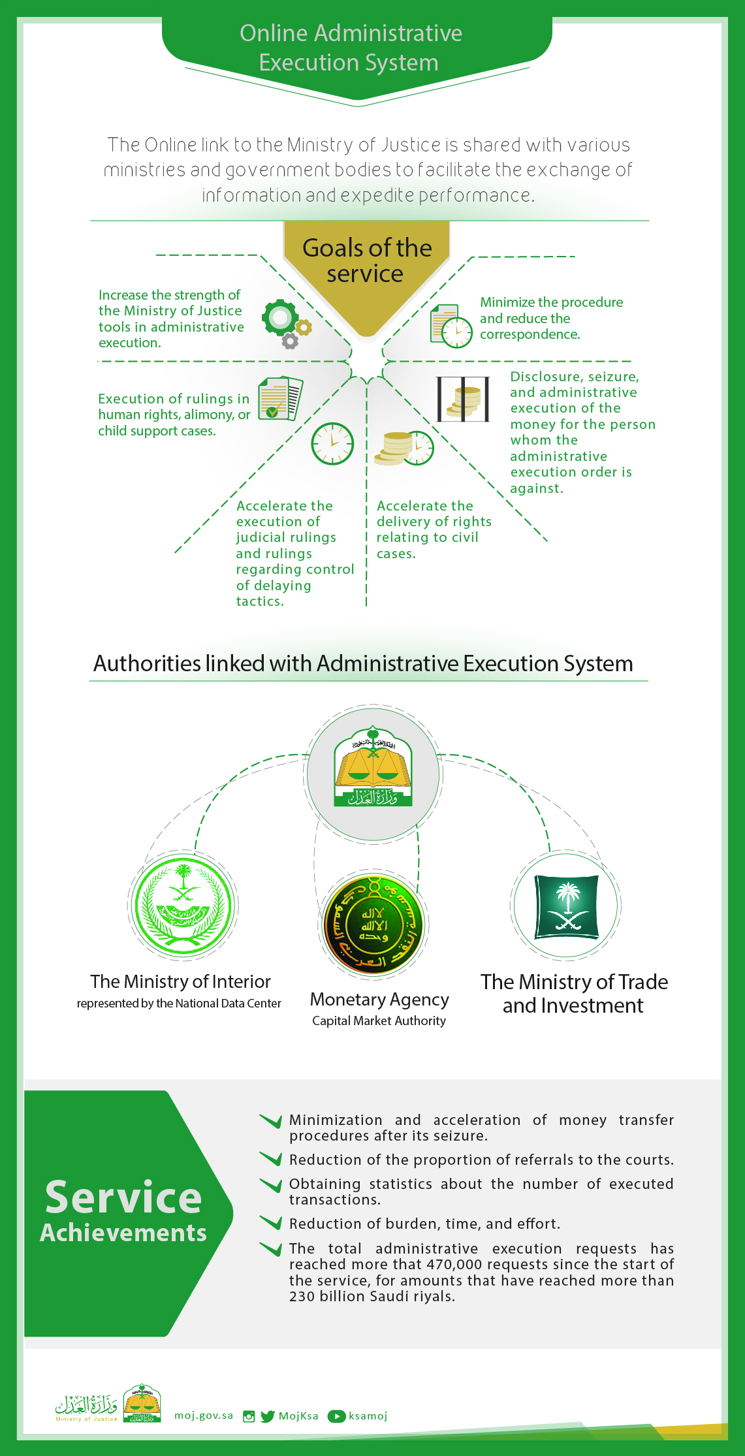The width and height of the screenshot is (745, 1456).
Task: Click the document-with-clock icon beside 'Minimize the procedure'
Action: click(x=451, y=326)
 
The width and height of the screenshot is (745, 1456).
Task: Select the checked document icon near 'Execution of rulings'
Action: click(x=280, y=398)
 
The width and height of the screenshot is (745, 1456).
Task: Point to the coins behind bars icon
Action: click(x=463, y=399)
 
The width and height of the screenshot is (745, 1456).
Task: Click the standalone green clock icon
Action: click(x=332, y=444)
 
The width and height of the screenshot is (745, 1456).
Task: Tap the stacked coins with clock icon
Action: click(x=404, y=448)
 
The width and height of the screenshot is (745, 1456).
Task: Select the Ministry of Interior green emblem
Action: click(x=183, y=905)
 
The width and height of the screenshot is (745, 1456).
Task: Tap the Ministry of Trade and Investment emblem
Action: click(x=566, y=906)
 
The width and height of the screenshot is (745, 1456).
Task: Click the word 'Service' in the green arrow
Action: click(x=123, y=1197)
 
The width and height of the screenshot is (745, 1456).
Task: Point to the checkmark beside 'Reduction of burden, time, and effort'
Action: click(x=270, y=1222)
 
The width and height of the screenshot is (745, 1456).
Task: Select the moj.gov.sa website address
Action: click(x=204, y=1416)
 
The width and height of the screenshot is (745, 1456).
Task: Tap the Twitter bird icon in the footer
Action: click(x=268, y=1416)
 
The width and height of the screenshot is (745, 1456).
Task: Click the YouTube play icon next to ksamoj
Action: click(x=336, y=1416)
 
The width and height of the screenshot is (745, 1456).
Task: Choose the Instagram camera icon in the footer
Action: click(x=249, y=1416)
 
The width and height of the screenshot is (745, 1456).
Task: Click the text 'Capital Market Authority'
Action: click(x=379, y=1021)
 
